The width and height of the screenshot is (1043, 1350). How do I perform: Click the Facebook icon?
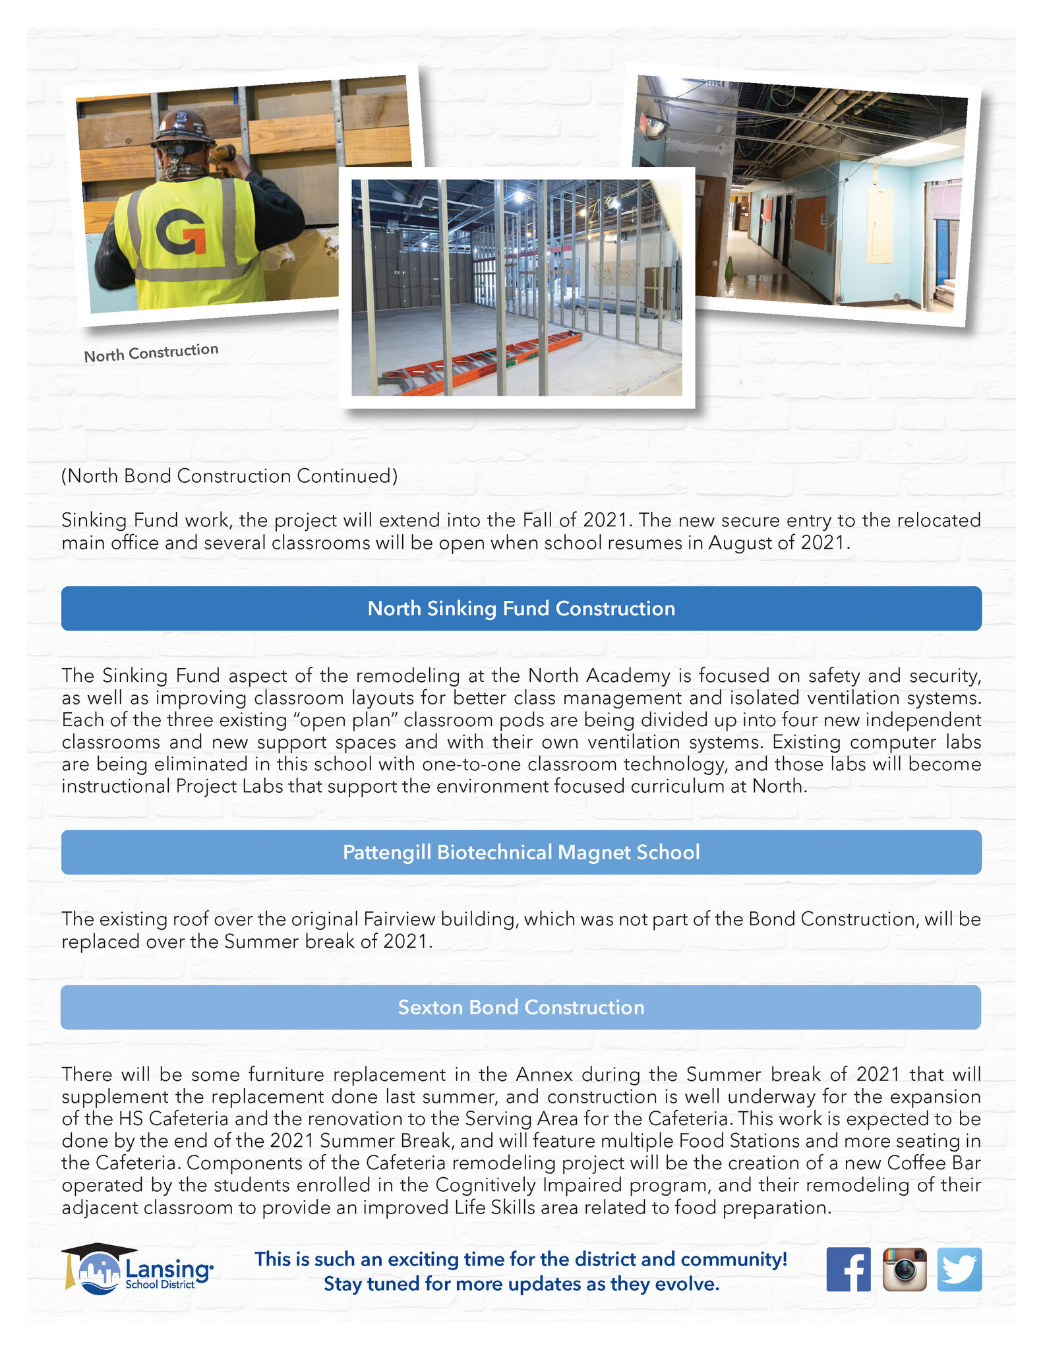848,1269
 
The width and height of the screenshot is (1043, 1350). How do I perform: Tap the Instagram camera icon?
904,1269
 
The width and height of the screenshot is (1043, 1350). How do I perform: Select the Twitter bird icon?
959,1269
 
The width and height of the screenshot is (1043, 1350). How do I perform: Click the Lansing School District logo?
137,1270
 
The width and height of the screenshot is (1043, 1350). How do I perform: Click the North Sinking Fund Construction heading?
521,608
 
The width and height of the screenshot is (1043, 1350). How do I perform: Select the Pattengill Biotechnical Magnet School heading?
521,852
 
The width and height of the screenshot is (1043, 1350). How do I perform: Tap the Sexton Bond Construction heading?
521,1007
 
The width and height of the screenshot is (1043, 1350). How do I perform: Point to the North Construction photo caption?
151,353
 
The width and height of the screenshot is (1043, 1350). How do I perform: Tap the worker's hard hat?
182,128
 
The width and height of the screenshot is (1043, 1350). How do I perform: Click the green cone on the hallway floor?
730,268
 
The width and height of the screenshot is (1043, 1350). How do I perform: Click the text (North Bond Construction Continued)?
229,476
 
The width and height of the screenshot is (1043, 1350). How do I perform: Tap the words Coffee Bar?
934,1163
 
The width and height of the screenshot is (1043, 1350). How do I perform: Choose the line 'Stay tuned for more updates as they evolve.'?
521,1283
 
